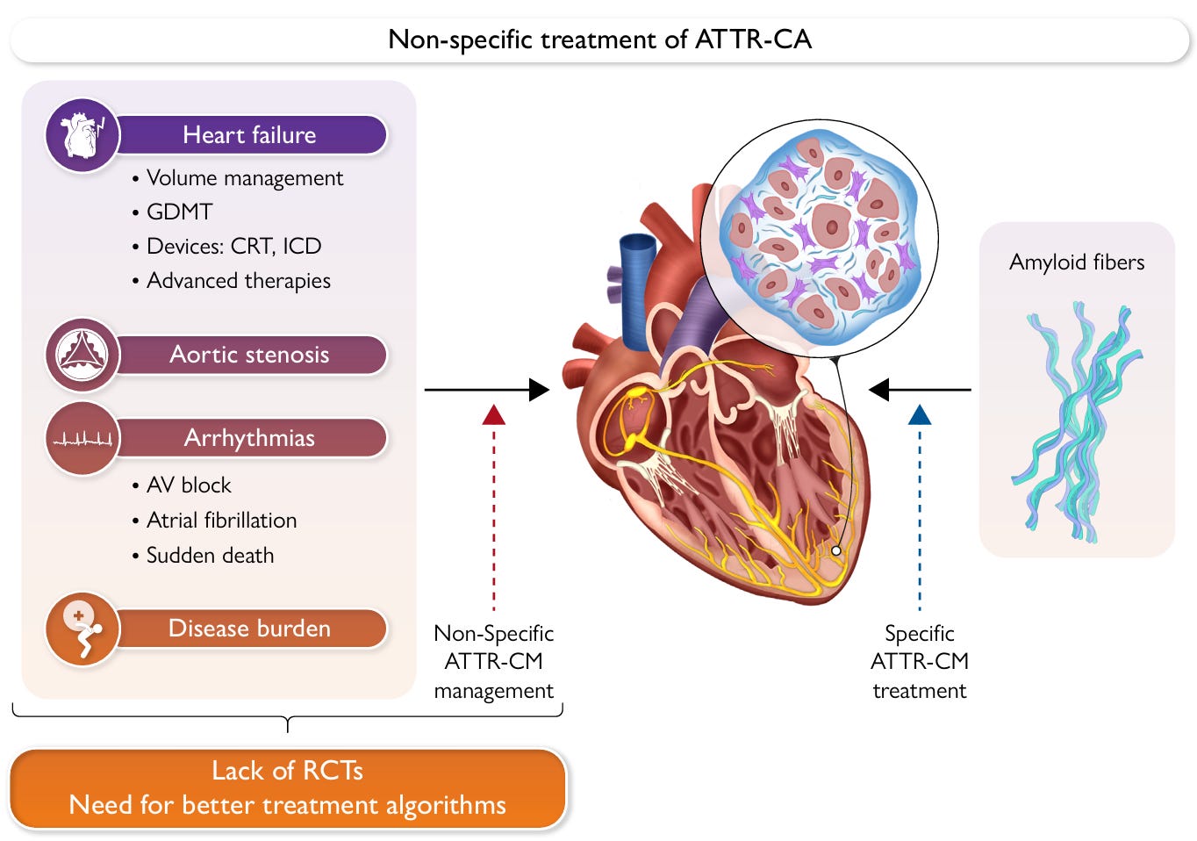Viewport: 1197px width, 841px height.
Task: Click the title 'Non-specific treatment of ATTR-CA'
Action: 599,40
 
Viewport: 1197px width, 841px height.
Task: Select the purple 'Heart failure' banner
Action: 249,135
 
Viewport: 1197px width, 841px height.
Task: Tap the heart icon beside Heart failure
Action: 82,135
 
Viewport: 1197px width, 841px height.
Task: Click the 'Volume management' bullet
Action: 244,178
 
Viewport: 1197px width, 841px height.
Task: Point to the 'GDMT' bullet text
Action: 179,212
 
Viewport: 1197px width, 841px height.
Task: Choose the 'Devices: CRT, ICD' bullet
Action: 233,247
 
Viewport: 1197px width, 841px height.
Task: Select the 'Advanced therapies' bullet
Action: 238,281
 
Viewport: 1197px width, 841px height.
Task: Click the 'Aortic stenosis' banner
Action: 249,355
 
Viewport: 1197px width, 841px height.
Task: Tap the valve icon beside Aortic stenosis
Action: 82,355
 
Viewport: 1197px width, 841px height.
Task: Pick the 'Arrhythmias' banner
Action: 249,438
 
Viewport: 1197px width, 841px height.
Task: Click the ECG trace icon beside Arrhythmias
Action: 82,438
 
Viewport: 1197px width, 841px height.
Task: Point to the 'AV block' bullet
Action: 189,485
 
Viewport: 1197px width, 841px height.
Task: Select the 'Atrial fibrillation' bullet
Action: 221,521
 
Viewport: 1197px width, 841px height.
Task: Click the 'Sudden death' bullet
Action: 210,556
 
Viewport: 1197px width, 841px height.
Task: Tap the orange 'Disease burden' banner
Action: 249,629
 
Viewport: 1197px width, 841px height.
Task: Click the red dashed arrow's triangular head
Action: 494,415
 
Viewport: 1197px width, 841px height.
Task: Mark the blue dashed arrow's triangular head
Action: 920,415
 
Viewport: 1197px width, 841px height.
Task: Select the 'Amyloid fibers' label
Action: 1077,262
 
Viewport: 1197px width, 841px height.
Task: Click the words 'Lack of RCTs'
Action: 287,771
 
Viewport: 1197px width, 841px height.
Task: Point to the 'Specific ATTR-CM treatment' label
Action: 920,662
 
